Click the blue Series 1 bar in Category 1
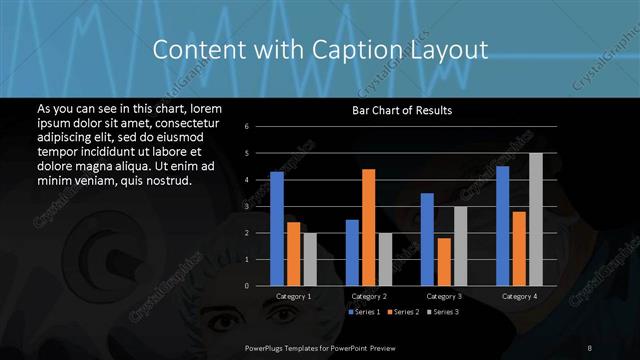(x=277, y=229)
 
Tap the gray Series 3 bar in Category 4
(x=536, y=219)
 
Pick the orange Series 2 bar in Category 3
(x=443, y=261)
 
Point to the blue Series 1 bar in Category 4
(x=502, y=226)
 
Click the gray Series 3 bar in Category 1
(x=310, y=259)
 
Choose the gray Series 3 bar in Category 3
(x=460, y=246)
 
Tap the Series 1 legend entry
(x=363, y=313)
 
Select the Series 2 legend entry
(x=402, y=313)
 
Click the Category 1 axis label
(x=294, y=296)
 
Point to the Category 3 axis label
(x=444, y=296)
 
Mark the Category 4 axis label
(x=519, y=296)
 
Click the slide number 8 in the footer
(x=590, y=347)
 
